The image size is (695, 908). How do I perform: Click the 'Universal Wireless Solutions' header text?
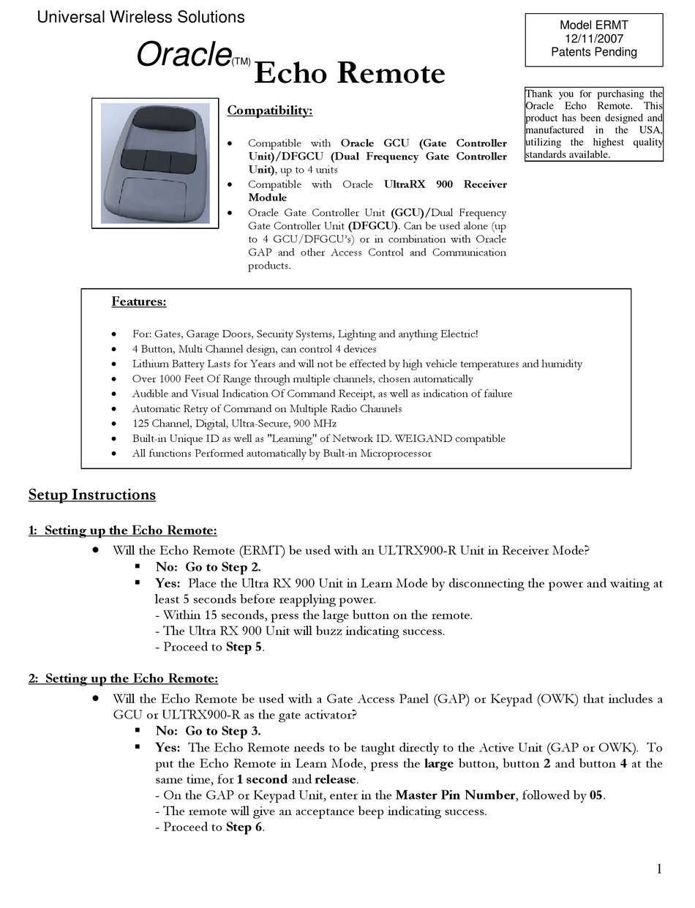[x=140, y=16]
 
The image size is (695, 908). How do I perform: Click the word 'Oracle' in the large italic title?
[x=184, y=56]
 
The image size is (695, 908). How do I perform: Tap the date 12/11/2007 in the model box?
[x=593, y=38]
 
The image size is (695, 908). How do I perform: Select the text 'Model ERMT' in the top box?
[x=593, y=25]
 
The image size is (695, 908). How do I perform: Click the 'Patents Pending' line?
[x=593, y=52]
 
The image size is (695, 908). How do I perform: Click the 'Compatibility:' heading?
[x=269, y=110]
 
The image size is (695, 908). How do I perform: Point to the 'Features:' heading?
[x=138, y=301]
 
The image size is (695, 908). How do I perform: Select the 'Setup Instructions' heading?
[x=92, y=495]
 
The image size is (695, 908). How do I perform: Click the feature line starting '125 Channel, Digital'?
[x=234, y=424]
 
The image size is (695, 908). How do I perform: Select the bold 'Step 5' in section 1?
[x=244, y=647]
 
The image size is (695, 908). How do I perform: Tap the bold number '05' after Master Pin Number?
[x=597, y=795]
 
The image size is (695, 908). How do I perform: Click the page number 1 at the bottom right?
[x=658, y=869]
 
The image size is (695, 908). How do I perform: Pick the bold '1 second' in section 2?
[x=262, y=779]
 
